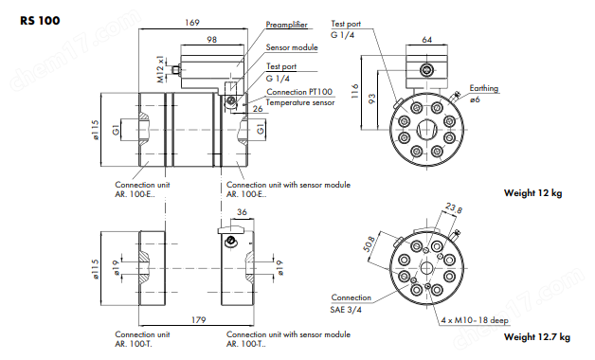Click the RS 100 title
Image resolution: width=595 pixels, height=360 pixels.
click(40, 20)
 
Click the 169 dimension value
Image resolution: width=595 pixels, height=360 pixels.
click(192, 23)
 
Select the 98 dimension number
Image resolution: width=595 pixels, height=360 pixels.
click(211, 40)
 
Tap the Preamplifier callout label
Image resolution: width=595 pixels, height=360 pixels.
click(286, 25)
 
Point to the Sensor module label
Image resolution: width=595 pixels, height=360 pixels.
click(292, 47)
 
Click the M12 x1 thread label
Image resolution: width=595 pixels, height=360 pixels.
click(161, 68)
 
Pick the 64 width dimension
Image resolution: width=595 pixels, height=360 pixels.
click(427, 40)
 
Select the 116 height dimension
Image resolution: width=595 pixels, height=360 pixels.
click(354, 92)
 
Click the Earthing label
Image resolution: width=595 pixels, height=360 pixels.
click(484, 88)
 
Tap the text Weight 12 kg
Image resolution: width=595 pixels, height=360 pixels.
click(532, 192)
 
